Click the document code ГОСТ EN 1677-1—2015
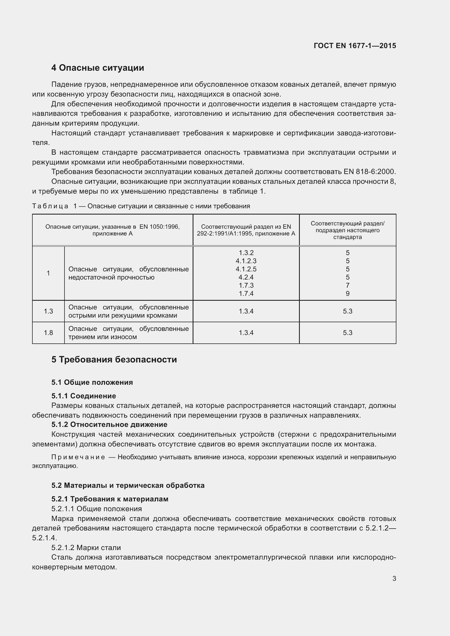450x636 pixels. [x=355, y=46]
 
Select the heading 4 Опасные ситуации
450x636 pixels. [x=98, y=68]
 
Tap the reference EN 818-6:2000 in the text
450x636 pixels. [x=369, y=172]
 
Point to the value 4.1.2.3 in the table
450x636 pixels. [x=246, y=261]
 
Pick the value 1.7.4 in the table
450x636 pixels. [x=246, y=294]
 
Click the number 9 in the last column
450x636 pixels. [x=347, y=294]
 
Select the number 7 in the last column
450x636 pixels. [x=347, y=285]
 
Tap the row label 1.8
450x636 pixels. [x=48, y=333]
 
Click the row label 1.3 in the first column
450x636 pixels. [x=48, y=311]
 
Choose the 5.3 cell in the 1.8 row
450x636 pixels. [x=347, y=333]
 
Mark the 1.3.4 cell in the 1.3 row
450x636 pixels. [x=246, y=311]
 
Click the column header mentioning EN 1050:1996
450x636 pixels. [x=113, y=230]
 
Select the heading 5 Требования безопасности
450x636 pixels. [x=114, y=359]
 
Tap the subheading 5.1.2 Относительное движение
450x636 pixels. [x=109, y=424]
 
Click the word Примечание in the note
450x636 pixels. [x=78, y=457]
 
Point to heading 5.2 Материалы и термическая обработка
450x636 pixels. [x=128, y=485]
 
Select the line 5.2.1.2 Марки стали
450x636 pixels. [x=86, y=548]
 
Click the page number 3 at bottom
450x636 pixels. [x=394, y=578]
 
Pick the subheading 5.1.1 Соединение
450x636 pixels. [x=84, y=396]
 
